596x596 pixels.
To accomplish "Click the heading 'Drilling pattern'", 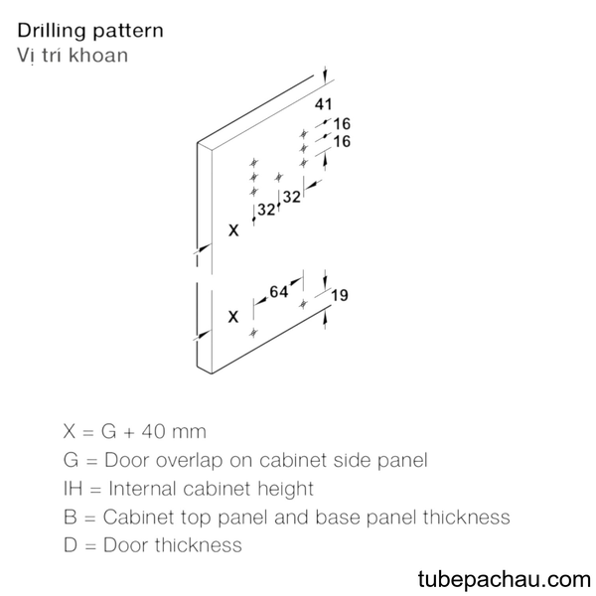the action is (x=90, y=31).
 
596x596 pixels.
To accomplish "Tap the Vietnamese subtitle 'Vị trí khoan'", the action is (x=73, y=55).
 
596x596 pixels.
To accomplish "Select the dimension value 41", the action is (x=323, y=103).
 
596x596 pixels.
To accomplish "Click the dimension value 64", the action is (x=278, y=291).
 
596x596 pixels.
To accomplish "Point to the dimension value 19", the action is (x=340, y=295).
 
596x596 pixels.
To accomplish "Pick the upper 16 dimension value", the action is (x=342, y=123).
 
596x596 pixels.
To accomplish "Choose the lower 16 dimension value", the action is (x=342, y=141).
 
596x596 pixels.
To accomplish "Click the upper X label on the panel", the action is (x=233, y=230).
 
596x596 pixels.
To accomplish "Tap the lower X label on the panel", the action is (x=233, y=316).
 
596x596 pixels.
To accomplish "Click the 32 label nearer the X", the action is (x=266, y=210).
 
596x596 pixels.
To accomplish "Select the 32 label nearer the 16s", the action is (x=291, y=197).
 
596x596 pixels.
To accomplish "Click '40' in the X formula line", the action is (x=153, y=431).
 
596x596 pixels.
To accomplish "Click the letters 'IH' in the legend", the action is (x=73, y=489).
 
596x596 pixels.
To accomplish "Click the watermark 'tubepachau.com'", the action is (x=504, y=579).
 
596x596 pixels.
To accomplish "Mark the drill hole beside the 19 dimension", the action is (x=303, y=304).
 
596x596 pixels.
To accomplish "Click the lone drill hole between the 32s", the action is (x=278, y=177).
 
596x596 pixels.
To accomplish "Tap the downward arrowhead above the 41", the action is (x=325, y=77).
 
